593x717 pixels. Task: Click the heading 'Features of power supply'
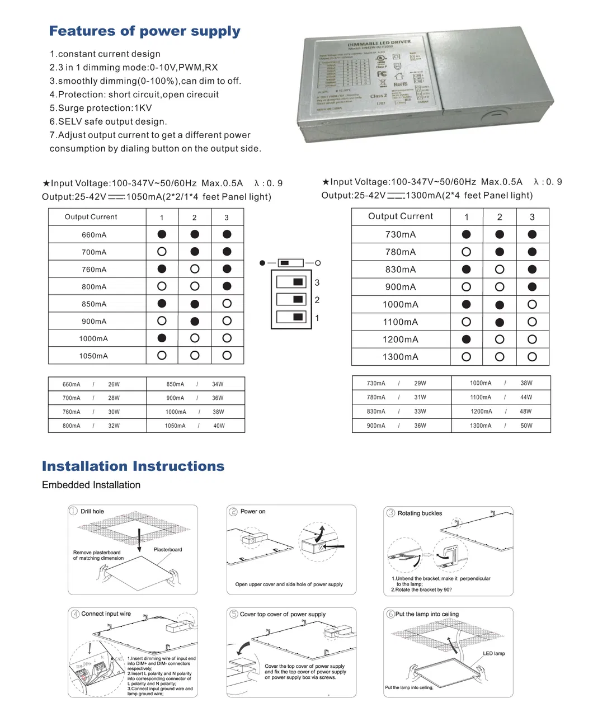144,31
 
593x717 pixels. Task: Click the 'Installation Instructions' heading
133,466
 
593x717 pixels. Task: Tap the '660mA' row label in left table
94,235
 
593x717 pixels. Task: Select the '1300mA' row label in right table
401,357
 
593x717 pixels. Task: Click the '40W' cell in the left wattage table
219,426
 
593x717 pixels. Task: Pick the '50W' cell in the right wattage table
526,426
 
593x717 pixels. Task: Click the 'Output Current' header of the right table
401,216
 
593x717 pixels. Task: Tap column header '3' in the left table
227,218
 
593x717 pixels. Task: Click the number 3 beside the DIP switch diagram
317,282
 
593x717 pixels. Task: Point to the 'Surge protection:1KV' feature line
101,108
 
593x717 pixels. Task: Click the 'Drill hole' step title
92,511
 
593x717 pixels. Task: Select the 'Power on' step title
253,511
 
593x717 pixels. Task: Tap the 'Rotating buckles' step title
420,513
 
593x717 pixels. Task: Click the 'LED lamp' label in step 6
494,653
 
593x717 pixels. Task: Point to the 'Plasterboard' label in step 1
168,549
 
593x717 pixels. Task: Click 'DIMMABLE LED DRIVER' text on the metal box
379,43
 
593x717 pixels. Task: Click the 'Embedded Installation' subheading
91,485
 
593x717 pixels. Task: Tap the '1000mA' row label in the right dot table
401,305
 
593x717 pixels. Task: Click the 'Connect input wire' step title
106,614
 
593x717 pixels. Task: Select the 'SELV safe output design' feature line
108,121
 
